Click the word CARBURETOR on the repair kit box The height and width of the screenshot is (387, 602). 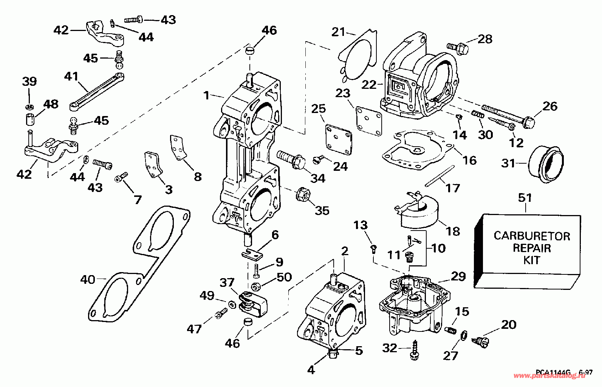tap(532, 236)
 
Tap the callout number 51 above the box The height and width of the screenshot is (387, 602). tap(525, 198)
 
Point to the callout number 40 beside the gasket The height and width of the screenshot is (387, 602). tap(88, 280)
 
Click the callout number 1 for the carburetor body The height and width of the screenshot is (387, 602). tap(206, 95)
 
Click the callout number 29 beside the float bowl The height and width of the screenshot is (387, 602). tap(458, 276)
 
